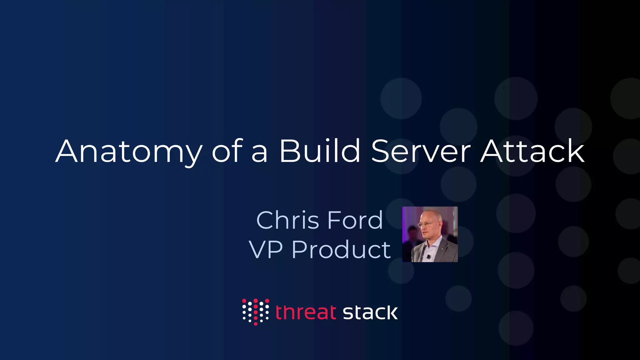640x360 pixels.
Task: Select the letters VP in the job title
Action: pyautogui.click(x=266, y=250)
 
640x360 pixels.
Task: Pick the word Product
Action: pyautogui.click(x=341, y=250)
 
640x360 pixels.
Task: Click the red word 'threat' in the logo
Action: pyautogui.click(x=306, y=312)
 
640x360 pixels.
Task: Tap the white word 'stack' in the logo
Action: pyautogui.click(x=370, y=312)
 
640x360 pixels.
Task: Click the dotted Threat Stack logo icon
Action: pyautogui.click(x=255, y=312)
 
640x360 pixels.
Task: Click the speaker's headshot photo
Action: pyautogui.click(x=430, y=234)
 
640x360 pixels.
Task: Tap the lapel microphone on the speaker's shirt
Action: pyautogui.click(x=429, y=257)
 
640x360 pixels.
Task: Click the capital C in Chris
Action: pyautogui.click(x=265, y=220)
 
